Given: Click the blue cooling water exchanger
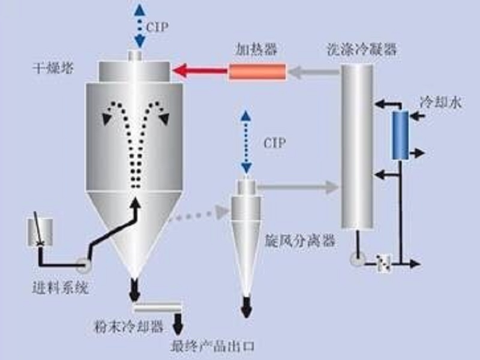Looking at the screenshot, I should click(x=400, y=135).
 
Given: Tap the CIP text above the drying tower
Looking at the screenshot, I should click(x=158, y=26).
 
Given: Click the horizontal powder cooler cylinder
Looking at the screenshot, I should click(x=158, y=308).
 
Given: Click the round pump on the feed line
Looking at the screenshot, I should click(x=82, y=262).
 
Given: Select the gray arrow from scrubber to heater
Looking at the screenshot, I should click(x=313, y=73).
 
